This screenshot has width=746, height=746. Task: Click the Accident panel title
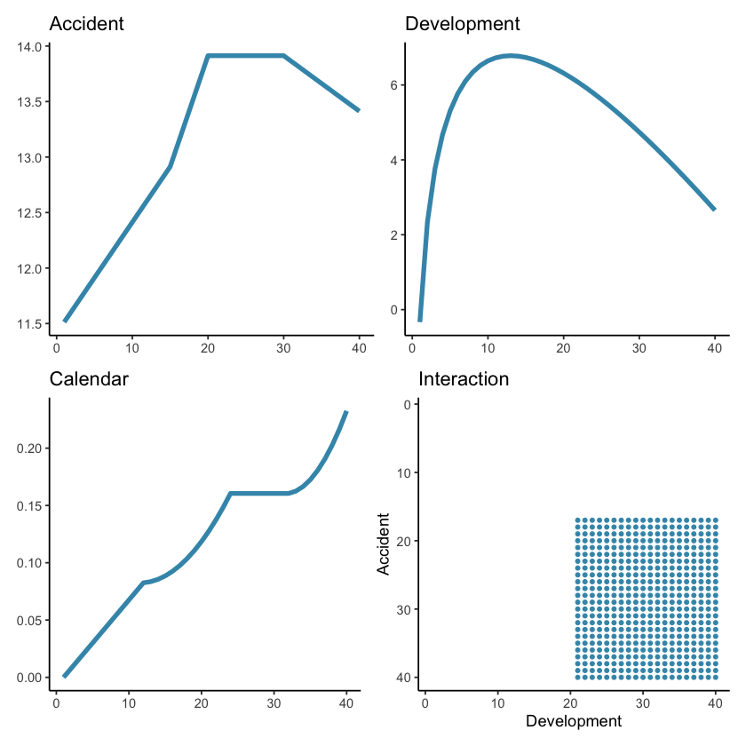click(x=86, y=24)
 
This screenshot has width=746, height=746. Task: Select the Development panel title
click(x=463, y=24)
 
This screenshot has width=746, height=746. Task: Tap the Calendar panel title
click(x=89, y=379)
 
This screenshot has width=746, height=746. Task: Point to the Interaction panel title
click(x=464, y=379)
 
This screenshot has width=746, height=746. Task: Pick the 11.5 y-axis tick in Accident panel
click(x=31, y=323)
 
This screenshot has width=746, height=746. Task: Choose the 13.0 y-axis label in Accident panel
click(x=31, y=157)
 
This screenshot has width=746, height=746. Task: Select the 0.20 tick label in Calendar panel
click(x=29, y=448)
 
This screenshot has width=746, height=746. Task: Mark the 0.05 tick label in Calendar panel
click(x=29, y=620)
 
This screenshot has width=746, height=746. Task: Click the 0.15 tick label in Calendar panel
click(x=29, y=506)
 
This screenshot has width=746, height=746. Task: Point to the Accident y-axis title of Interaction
click(x=385, y=544)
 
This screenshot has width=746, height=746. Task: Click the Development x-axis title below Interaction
click(x=574, y=721)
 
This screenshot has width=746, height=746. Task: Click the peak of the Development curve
click(x=512, y=55)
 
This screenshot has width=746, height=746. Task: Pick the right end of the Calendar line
click(x=346, y=411)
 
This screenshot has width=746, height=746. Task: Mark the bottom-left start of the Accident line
click(x=64, y=321)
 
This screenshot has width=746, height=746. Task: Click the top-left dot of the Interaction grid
click(x=578, y=520)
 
